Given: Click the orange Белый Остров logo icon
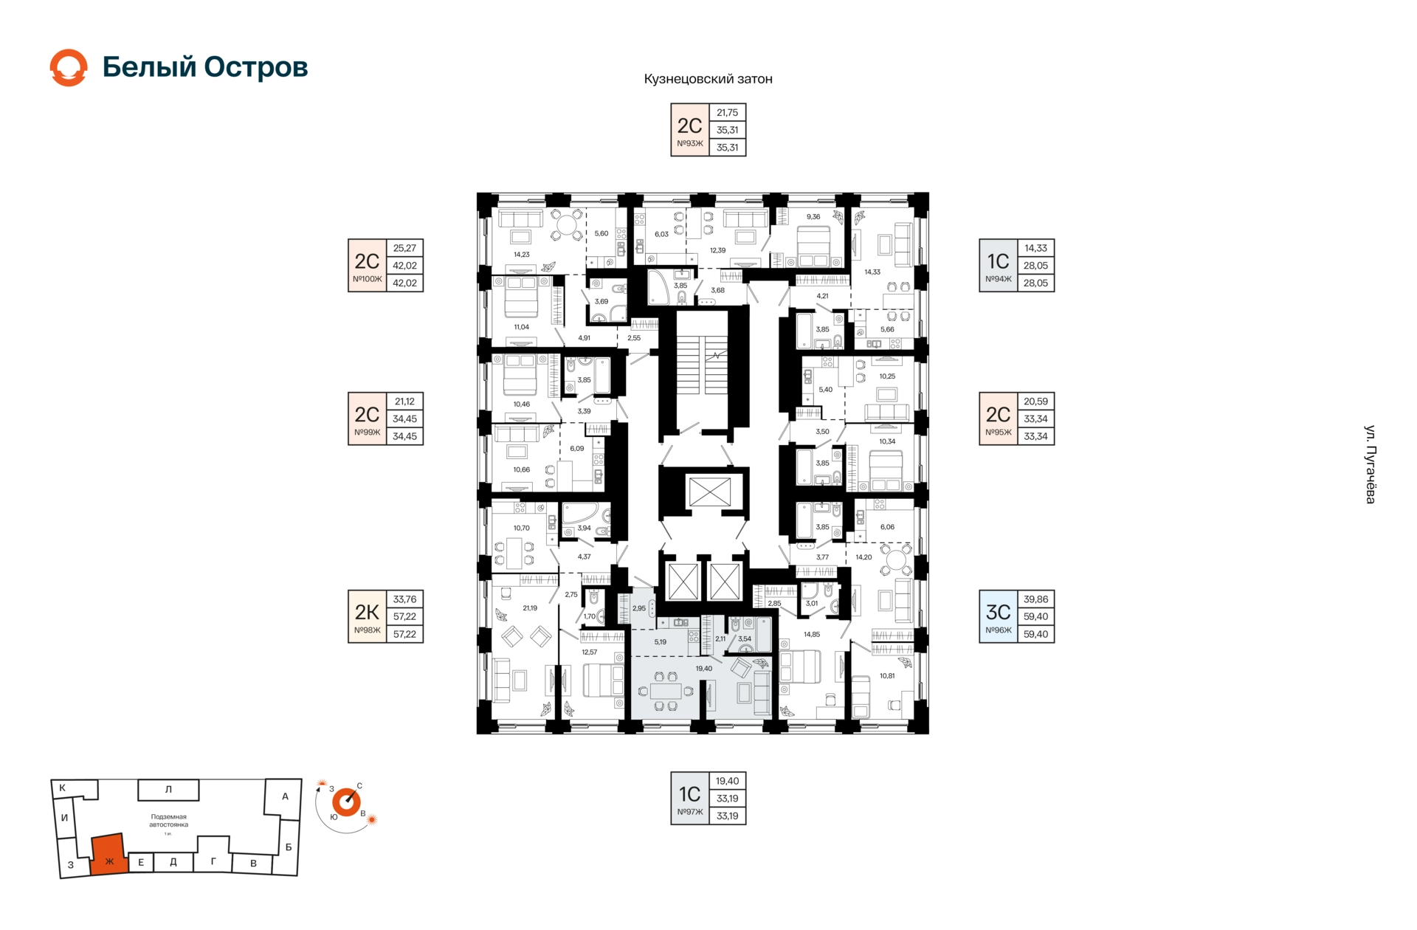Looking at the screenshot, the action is [69, 68].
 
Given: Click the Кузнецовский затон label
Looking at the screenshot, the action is [708, 79].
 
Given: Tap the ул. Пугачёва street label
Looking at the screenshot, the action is [1370, 464].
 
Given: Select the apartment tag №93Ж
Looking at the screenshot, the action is [690, 143].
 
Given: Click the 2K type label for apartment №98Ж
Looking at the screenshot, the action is [367, 612].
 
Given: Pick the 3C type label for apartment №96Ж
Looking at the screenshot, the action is [998, 612].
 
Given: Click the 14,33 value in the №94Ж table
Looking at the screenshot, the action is [1035, 248].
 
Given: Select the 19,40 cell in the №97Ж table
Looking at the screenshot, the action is [727, 781].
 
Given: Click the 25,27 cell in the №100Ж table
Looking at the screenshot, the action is [404, 248].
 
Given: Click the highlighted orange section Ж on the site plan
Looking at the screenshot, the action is [108, 855].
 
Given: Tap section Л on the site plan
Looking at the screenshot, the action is [168, 790].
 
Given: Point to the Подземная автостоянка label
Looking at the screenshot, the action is [169, 821].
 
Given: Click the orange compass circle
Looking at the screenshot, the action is [345, 802].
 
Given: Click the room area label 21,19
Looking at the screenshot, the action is [530, 608].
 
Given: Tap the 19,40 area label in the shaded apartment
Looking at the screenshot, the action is [704, 669].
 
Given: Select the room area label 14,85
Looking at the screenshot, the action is [812, 634].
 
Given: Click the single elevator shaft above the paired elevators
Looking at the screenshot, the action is [709, 492].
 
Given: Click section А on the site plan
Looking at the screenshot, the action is [285, 796].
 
